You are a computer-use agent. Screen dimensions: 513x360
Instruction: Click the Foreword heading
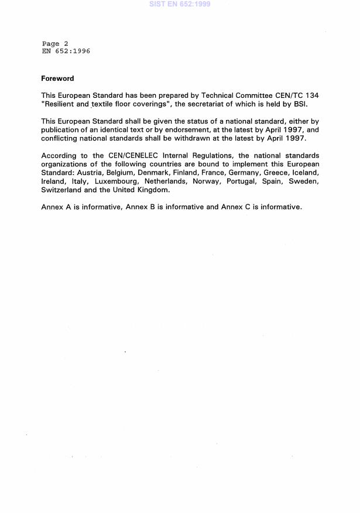pos(57,78)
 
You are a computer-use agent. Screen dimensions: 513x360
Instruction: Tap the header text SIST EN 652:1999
pos(180,4)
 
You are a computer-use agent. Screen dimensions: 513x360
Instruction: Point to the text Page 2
pos(55,44)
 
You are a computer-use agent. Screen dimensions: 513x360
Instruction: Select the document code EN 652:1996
pos(66,51)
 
